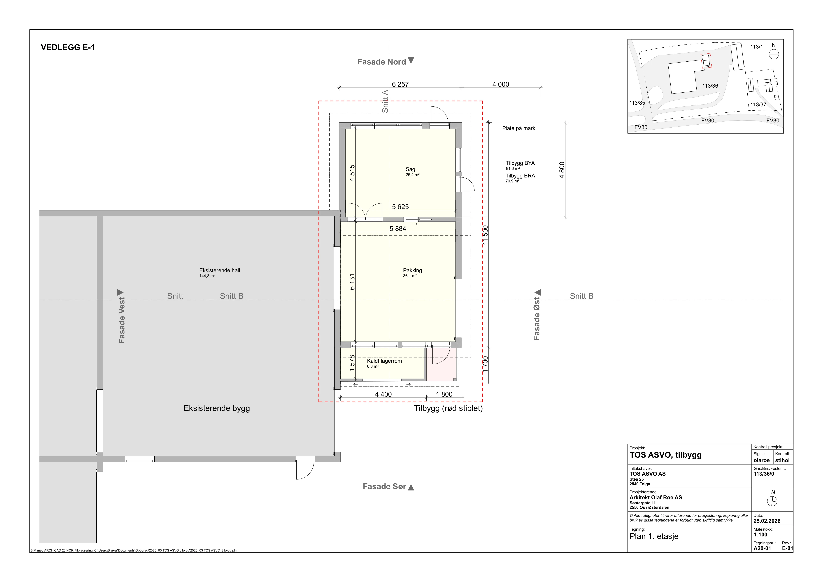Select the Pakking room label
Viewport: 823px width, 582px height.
(x=413, y=271)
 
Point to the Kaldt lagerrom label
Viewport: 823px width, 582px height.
(x=384, y=361)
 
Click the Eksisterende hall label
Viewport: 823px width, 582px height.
(x=220, y=271)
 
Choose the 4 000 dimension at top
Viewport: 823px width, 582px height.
(x=501, y=84)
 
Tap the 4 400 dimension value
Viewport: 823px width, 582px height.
(x=384, y=394)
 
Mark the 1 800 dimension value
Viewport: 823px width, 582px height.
(x=444, y=394)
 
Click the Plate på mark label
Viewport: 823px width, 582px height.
(x=519, y=128)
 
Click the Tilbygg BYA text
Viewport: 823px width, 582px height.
(x=520, y=163)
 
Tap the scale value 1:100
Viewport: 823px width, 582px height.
(x=760, y=535)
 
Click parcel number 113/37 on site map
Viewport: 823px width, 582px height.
(x=758, y=105)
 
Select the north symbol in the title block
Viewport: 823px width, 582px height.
(x=772, y=501)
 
